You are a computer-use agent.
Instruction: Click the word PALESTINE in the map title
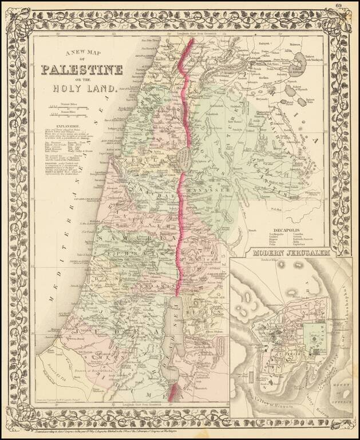(81, 70)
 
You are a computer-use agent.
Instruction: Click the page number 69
(339, 6)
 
